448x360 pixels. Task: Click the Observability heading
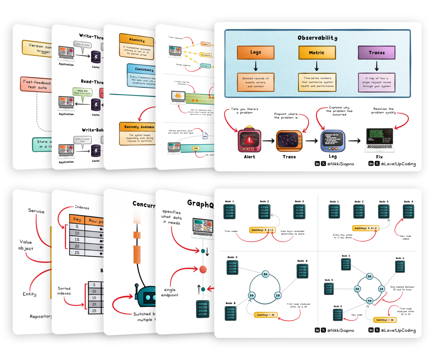(317, 38)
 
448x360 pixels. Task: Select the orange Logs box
(255, 52)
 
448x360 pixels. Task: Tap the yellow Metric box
(317, 52)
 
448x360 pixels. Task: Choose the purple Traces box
(377, 52)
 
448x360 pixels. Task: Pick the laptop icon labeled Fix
(379, 140)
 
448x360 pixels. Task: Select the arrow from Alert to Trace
(268, 141)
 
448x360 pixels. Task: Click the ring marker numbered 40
(370, 301)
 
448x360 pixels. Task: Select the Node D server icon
(338, 315)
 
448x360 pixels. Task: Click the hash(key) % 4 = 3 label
(366, 228)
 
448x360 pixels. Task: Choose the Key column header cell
(77, 219)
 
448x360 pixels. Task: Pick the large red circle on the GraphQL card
(203, 270)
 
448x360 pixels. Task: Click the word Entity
(29, 294)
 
